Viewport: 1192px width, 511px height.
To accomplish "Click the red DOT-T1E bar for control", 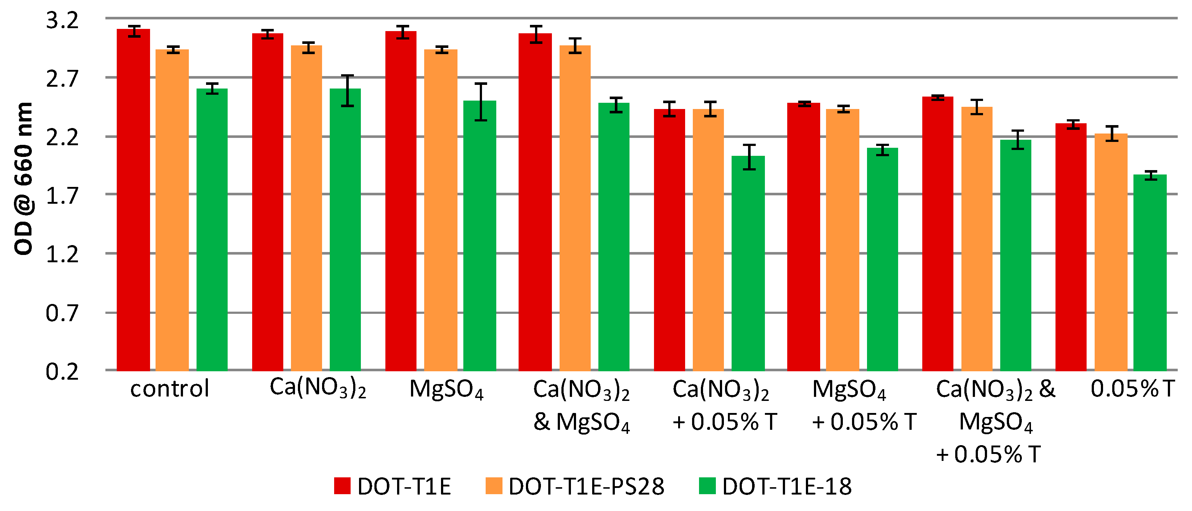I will click(x=133, y=199).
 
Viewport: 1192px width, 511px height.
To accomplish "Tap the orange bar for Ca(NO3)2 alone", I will click(x=306, y=208).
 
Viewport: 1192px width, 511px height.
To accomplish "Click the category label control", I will click(x=169, y=388).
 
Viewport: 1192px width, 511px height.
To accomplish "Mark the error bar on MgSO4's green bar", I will click(x=481, y=102).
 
